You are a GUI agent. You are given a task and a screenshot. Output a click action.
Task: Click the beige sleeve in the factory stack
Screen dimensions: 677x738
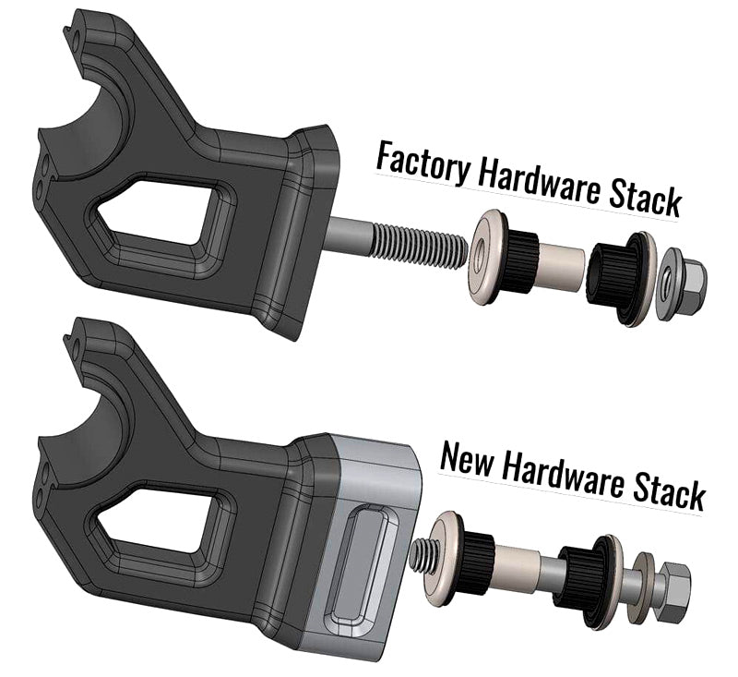[559, 264]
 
